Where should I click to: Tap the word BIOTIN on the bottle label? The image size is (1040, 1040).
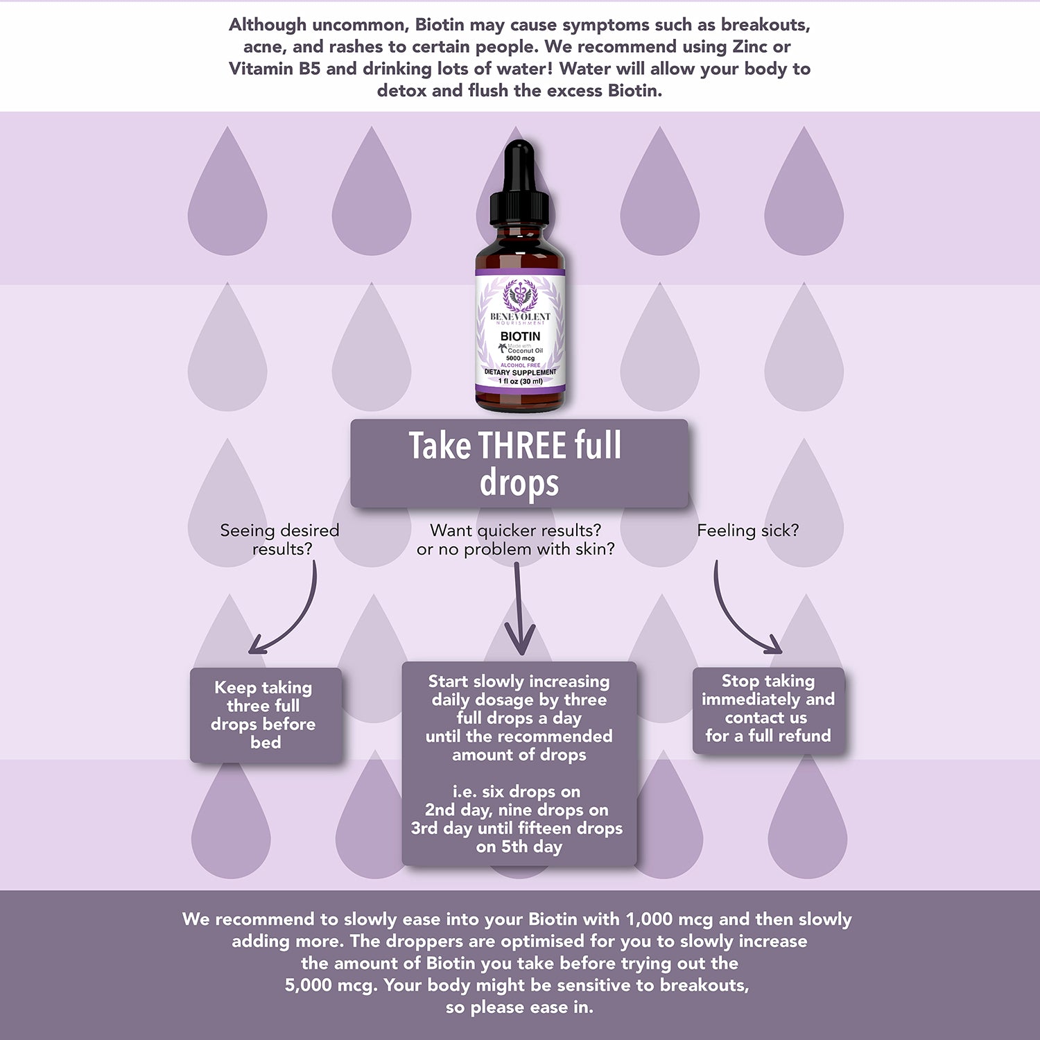point(520,336)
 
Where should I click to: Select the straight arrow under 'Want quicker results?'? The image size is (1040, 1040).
point(519,609)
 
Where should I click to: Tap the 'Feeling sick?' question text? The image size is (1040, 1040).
point(747,530)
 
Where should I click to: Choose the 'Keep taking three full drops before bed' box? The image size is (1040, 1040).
point(266,715)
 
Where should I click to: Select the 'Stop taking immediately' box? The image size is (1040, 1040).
point(769,710)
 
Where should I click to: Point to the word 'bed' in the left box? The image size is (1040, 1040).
point(266,743)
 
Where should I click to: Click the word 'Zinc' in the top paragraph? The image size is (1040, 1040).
point(751,46)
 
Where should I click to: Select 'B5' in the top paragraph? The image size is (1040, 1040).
point(309,69)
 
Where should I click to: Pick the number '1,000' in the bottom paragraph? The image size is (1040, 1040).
point(649,919)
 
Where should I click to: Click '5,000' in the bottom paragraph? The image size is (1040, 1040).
point(309,985)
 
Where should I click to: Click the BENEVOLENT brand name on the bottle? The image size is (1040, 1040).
point(520,316)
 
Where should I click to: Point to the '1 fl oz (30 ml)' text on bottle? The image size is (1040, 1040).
point(520,381)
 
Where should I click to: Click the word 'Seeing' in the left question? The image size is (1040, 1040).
point(248,531)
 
